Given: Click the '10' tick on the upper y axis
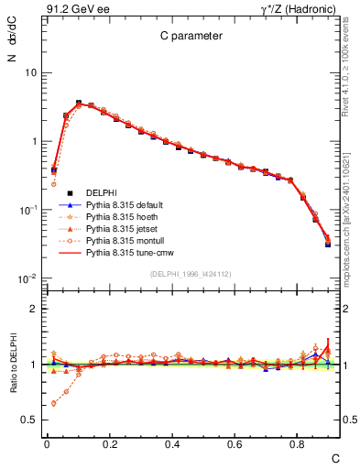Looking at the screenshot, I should [x=30, y=72].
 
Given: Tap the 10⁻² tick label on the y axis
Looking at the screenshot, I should [x=27, y=278].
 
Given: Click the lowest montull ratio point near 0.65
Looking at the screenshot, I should [x=53, y=403].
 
